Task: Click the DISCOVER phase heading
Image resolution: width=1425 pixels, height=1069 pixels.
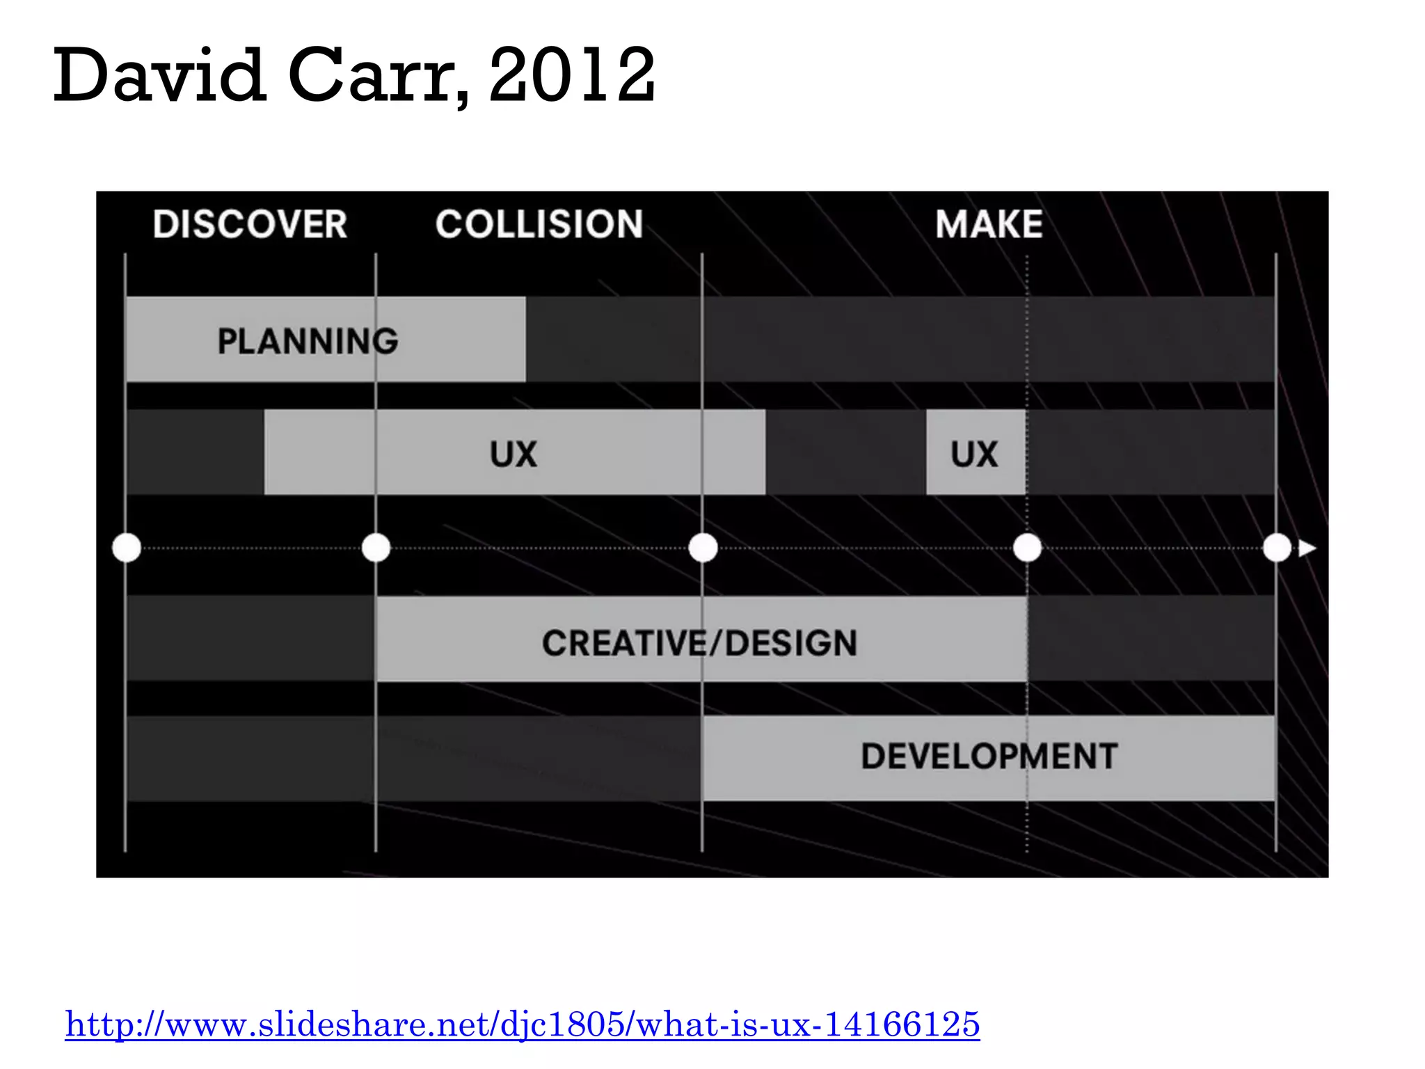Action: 250,225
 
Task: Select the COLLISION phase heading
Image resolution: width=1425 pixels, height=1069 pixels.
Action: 539,225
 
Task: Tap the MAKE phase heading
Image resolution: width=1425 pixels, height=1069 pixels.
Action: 989,225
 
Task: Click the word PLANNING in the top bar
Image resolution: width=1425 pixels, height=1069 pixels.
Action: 308,341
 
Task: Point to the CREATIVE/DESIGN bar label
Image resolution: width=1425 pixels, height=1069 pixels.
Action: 699,643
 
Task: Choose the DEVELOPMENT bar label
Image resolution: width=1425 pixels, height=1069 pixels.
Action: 989,757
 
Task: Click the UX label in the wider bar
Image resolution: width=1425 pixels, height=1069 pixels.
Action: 514,454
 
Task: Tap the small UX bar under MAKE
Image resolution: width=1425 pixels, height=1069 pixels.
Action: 975,454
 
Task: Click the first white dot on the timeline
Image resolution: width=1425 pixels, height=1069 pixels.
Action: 127,548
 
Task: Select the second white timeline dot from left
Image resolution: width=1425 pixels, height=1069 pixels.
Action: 376,548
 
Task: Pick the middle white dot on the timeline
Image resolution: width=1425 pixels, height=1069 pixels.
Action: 703,548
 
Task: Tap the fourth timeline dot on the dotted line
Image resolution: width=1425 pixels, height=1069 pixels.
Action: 1027,548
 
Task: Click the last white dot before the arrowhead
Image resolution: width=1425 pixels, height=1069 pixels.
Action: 1277,548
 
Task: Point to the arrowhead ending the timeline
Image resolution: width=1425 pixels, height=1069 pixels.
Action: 1307,548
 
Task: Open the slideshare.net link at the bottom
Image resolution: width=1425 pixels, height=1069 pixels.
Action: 523,1024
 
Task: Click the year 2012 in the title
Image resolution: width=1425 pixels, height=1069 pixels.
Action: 572,75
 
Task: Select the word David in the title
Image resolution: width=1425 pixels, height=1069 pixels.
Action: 159,75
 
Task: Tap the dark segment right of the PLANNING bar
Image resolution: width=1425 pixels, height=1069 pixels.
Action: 898,340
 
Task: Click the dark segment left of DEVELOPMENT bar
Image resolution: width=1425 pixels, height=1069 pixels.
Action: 414,759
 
